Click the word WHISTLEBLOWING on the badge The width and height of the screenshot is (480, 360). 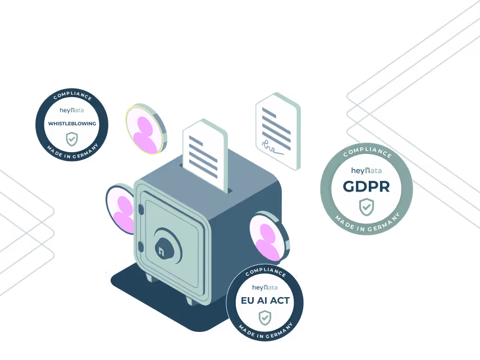pyautogui.click(x=72, y=124)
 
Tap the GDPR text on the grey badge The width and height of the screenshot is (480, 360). pyautogui.click(x=366, y=187)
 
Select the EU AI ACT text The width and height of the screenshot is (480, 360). pyautogui.click(x=265, y=300)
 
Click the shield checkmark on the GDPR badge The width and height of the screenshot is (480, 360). pyautogui.click(x=366, y=207)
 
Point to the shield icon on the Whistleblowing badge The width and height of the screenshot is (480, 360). pyautogui.click(x=72, y=138)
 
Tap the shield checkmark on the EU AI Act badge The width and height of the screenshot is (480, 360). pyautogui.click(x=264, y=318)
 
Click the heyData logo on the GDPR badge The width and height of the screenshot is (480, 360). pyautogui.click(x=366, y=170)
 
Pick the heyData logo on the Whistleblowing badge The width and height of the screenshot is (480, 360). pyautogui.click(x=72, y=110)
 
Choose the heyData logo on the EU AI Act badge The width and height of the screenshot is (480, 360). pyautogui.click(x=265, y=288)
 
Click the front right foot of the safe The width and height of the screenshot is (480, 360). pyautogui.click(x=189, y=299)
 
